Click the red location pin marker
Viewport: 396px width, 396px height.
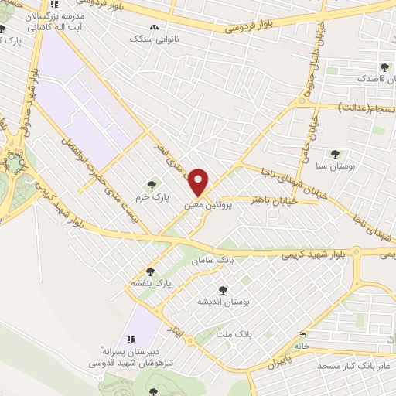click(199, 181)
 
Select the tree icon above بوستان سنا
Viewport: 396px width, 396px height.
click(334, 154)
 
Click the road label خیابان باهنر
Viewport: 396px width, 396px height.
click(270, 200)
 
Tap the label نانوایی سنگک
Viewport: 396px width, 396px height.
click(154, 37)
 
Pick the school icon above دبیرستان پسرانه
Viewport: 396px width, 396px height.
click(131, 340)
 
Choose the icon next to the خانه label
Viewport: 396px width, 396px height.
click(302, 335)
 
